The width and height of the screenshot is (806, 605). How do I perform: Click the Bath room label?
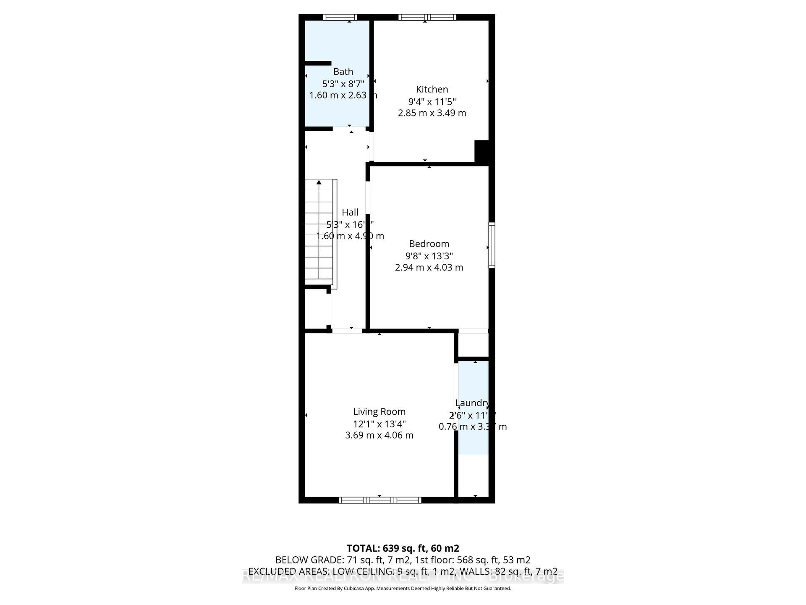pos(343,72)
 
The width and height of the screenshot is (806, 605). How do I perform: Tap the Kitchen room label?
pos(432,89)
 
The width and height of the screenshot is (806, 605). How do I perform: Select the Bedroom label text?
pos(429,244)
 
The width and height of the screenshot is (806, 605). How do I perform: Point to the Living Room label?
pos(379,412)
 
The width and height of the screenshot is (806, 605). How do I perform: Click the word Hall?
pos(350,213)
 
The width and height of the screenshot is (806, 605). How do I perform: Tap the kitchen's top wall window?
pos(427,17)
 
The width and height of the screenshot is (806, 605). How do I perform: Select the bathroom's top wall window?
pos(340,17)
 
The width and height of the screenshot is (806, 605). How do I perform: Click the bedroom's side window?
pos(492,245)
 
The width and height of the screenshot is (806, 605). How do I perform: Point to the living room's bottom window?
pos(380,500)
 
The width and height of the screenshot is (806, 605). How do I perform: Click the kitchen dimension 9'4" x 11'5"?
pos(432,101)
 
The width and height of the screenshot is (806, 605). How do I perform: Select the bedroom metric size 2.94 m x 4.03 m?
pos(429,268)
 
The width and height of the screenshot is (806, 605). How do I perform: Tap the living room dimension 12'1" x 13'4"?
pos(379,424)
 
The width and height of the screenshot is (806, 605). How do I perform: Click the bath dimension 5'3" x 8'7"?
pos(343,84)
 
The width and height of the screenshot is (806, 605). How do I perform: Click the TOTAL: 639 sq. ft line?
pos(403,548)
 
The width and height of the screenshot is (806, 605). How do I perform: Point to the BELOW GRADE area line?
pos(403,560)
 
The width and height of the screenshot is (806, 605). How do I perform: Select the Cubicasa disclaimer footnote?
pos(403,589)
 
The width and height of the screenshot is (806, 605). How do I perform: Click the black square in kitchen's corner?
pos(482,151)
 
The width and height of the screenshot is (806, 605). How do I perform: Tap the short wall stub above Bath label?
pos(318,63)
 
